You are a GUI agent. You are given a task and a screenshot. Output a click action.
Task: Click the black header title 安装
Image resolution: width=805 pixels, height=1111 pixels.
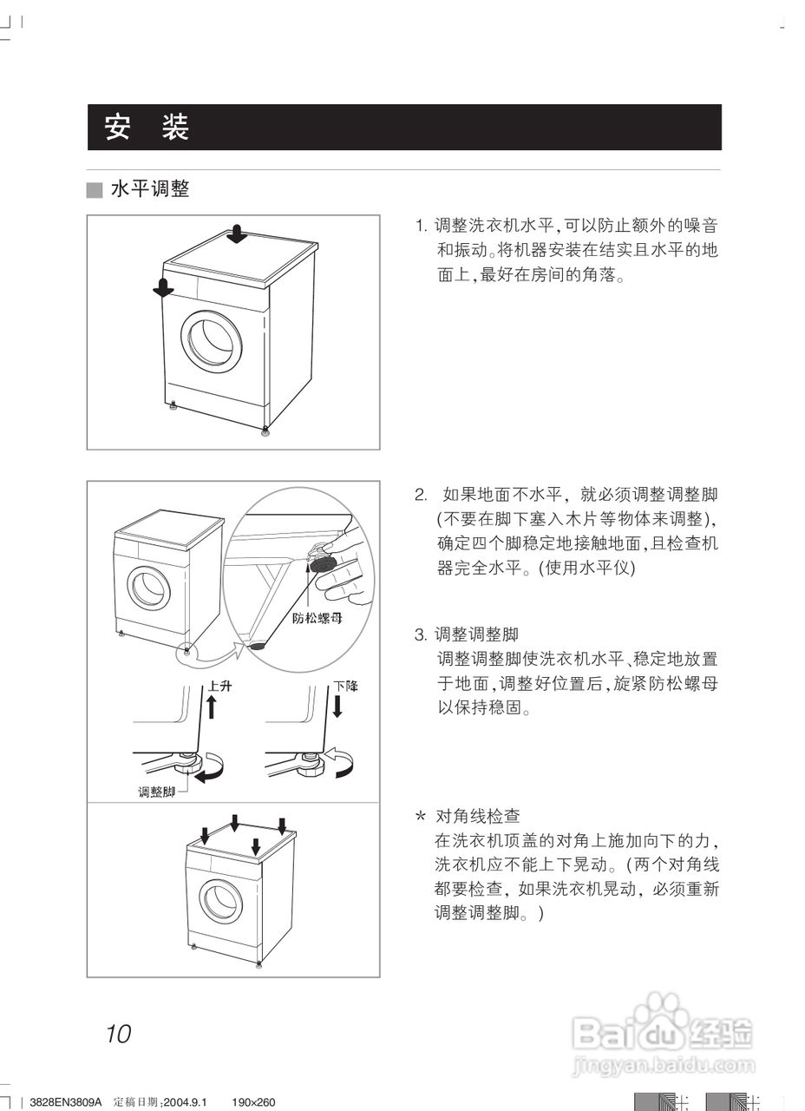click(147, 128)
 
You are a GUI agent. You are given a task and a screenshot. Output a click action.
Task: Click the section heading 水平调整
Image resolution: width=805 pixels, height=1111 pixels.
click(149, 189)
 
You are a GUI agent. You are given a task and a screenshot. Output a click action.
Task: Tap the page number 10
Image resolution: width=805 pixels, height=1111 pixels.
click(119, 1034)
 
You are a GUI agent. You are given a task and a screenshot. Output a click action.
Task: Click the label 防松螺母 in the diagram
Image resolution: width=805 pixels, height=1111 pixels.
click(317, 619)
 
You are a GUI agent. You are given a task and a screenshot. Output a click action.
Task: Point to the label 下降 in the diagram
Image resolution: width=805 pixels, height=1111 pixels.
click(346, 686)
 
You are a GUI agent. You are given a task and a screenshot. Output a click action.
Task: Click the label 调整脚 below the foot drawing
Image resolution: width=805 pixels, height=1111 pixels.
click(156, 791)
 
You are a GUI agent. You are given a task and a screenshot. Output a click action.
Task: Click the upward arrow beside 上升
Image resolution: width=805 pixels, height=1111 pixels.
click(211, 707)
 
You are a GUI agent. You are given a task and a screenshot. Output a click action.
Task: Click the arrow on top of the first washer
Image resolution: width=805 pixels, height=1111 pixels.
click(238, 234)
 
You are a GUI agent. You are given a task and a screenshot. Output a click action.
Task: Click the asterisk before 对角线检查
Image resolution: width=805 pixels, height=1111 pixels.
click(421, 818)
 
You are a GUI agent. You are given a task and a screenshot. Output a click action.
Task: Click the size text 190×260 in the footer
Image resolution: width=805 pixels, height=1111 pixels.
click(253, 1101)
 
